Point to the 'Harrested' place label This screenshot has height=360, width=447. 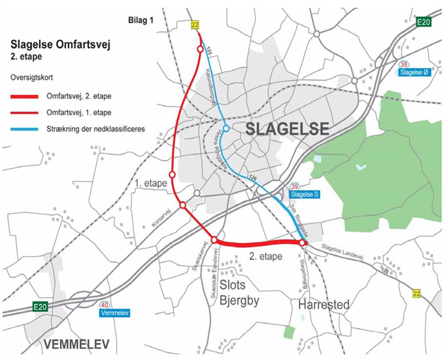tap(324, 304)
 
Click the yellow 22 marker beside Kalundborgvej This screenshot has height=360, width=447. tap(196, 25)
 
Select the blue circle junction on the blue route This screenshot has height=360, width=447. tap(225, 129)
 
